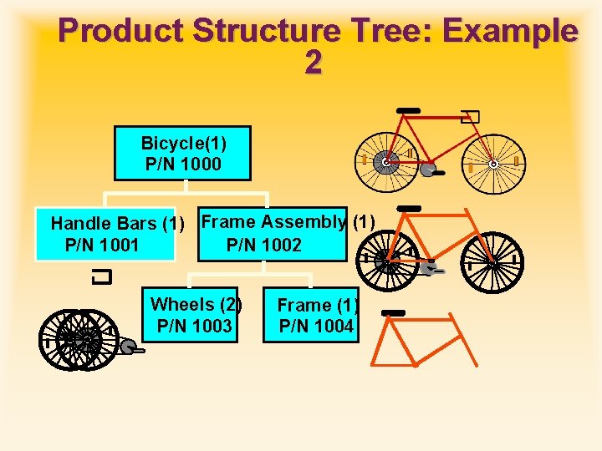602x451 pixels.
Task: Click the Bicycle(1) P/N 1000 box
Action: (182, 154)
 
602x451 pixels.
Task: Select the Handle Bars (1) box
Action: (105, 234)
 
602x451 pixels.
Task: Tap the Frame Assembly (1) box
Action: (272, 234)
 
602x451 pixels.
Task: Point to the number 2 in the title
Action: (313, 63)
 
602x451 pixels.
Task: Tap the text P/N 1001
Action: (101, 245)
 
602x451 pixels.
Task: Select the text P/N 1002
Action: (263, 245)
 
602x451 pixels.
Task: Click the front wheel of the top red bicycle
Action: (492, 164)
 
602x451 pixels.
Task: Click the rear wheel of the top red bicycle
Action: (385, 164)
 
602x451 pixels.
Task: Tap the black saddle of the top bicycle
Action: (409, 110)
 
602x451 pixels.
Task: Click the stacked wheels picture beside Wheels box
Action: (79, 339)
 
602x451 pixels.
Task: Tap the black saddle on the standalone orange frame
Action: (392, 313)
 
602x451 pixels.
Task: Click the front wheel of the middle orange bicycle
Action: (492, 262)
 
